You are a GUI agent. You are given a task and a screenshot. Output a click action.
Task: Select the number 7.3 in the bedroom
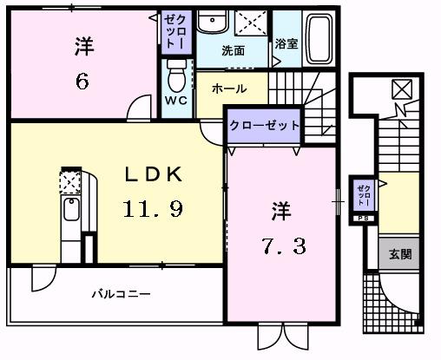click(280, 246)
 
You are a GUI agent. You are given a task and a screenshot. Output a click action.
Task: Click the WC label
click(176, 100)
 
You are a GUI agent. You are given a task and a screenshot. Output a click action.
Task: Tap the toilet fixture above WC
click(177, 75)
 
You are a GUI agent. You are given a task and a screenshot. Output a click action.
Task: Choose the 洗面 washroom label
click(233, 50)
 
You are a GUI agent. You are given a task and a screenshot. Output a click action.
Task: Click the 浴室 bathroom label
click(286, 43)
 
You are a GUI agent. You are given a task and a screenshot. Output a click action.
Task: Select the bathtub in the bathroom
click(319, 39)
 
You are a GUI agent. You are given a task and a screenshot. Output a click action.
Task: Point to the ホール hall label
click(229, 88)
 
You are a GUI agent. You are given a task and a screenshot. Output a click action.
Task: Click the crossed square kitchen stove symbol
click(69, 180)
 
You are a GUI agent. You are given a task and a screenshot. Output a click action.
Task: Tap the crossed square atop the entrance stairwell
click(403, 88)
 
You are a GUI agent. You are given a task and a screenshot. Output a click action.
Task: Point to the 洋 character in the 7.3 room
click(280, 210)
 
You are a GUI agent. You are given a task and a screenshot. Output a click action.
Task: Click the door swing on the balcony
click(42, 279)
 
